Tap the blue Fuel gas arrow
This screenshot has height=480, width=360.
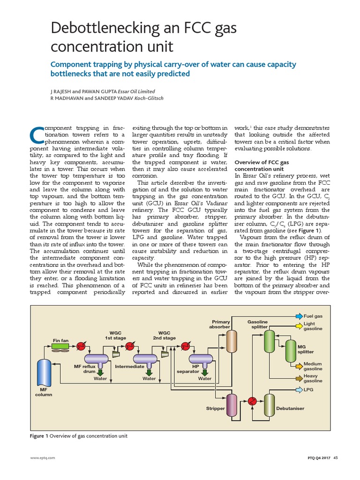[299, 317]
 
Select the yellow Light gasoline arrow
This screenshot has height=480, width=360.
[299, 324]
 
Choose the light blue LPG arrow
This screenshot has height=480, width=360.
[299, 390]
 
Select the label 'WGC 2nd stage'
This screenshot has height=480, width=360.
[164, 336]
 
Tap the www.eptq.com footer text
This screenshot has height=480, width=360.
[43, 458]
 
